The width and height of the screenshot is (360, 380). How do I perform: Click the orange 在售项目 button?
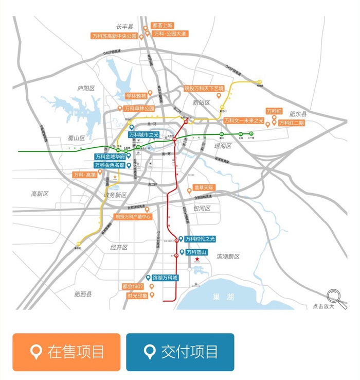pyautogui.click(x=66, y=352)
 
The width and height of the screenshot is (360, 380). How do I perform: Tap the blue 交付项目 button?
pyautogui.click(x=180, y=352)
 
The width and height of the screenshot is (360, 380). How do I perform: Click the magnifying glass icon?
pyautogui.click(x=336, y=297)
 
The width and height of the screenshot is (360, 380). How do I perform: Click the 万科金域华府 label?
pyautogui.click(x=110, y=157)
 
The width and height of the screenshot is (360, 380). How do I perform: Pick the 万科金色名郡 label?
pyautogui.click(x=110, y=165)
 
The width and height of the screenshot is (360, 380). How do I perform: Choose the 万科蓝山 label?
pyautogui.click(x=197, y=252)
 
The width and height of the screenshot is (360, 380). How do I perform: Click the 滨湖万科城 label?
pyautogui.click(x=165, y=278)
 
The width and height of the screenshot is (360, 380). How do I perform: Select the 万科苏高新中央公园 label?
pyautogui.click(x=114, y=37)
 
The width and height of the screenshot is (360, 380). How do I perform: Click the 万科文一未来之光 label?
pyautogui.click(x=244, y=120)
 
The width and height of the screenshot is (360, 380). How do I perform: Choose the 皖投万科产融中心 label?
pyautogui.click(x=133, y=217)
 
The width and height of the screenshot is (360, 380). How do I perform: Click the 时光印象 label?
pyautogui.click(x=137, y=296)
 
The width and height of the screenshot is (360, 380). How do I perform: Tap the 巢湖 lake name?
pyautogui.click(x=223, y=297)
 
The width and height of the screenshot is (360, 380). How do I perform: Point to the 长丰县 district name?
pyautogui.click(x=124, y=26)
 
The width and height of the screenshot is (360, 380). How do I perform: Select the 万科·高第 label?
pyautogui.click(x=85, y=175)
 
